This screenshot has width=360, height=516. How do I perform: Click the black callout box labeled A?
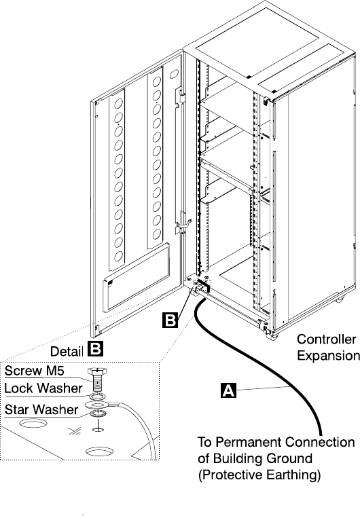(x=229, y=390)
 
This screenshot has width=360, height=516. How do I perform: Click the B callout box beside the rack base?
(x=170, y=320)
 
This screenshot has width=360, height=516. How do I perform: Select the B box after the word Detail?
(x=96, y=349)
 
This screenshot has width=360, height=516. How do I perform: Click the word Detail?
(x=67, y=352)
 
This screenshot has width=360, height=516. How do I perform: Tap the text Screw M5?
(x=34, y=371)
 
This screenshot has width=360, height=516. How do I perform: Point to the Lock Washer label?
(x=43, y=388)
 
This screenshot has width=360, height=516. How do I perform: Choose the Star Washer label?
(x=41, y=409)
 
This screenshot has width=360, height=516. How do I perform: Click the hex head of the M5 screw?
(x=97, y=372)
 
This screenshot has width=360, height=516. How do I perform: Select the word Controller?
(x=327, y=339)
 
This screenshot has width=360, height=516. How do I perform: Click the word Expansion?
(x=328, y=356)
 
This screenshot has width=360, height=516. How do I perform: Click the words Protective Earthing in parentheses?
(x=259, y=475)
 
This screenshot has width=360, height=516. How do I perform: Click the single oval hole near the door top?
(x=174, y=74)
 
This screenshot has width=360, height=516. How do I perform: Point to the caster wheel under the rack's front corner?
(x=272, y=335)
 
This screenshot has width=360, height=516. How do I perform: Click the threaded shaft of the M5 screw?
(x=97, y=384)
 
